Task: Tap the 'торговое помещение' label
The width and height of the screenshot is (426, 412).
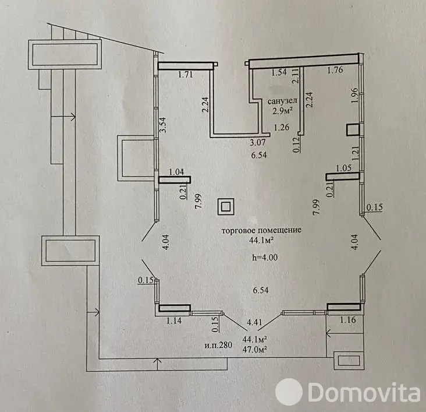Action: coord(261,230)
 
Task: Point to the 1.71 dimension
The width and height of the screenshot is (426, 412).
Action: coord(184,75)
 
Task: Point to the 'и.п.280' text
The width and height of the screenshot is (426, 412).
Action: coord(218,344)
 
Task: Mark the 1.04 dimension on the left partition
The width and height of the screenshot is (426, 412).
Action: coord(176,172)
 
